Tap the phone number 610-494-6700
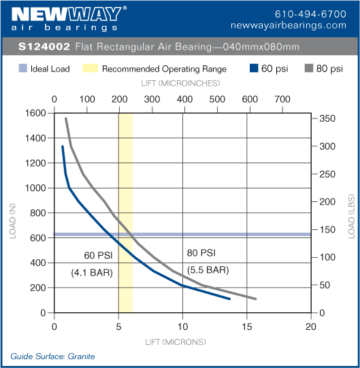click(310, 14)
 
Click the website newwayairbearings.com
click(298, 25)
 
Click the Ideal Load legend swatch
click(23, 69)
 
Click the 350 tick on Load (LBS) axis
click(328, 119)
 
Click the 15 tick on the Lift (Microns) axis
click(247, 326)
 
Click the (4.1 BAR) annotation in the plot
click(92, 273)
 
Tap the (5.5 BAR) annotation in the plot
click(208, 269)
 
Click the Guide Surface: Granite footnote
click(52, 356)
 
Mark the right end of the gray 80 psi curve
click(255, 299)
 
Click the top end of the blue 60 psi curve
click(63, 146)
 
